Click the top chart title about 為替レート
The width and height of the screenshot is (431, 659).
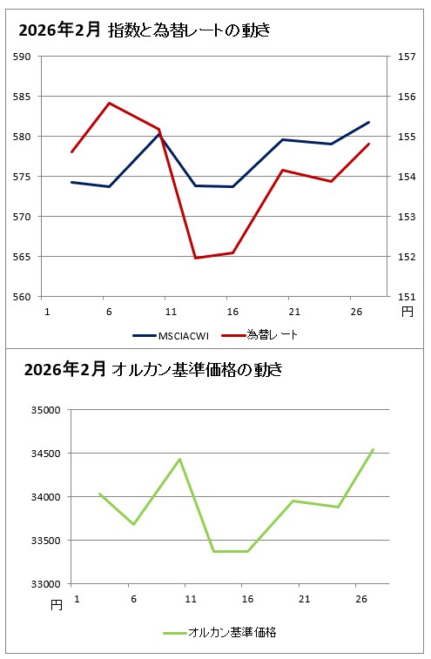pyautogui.click(x=145, y=30)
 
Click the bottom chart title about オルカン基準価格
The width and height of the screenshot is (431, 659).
pyautogui.click(x=153, y=369)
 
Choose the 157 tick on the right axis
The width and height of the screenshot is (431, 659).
pyautogui.click(x=406, y=57)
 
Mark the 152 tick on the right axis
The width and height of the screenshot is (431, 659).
pyautogui.click(x=406, y=257)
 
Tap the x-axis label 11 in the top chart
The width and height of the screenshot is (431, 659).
pyautogui.click(x=171, y=311)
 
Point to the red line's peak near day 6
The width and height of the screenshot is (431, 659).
pyautogui.click(x=109, y=103)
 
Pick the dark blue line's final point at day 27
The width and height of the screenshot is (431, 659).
pyautogui.click(x=369, y=122)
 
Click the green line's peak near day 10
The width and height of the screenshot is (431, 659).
pyautogui.click(x=179, y=459)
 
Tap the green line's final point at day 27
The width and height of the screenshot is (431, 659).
pyautogui.click(x=373, y=449)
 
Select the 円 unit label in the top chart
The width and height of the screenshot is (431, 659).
pyautogui.click(x=407, y=310)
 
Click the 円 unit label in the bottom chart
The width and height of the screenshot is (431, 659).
pyautogui.click(x=56, y=603)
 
